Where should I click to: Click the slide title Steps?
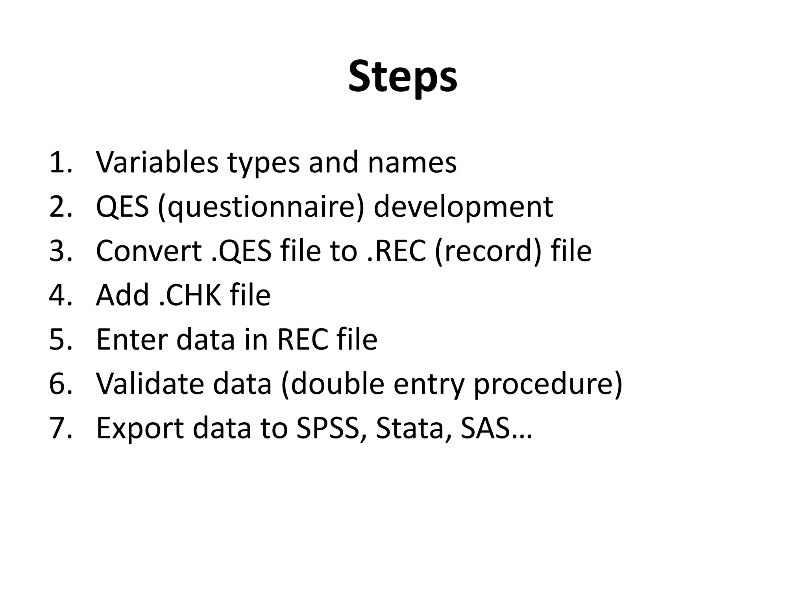pos(403,77)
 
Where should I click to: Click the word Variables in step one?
pos(157,162)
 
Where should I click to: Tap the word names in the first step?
pos(412,162)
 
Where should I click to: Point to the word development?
pos(463,207)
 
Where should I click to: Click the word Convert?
pos(149,251)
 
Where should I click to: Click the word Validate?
pos(150,383)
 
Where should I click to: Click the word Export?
pos(140,428)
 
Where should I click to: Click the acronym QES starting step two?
pos(122,207)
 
